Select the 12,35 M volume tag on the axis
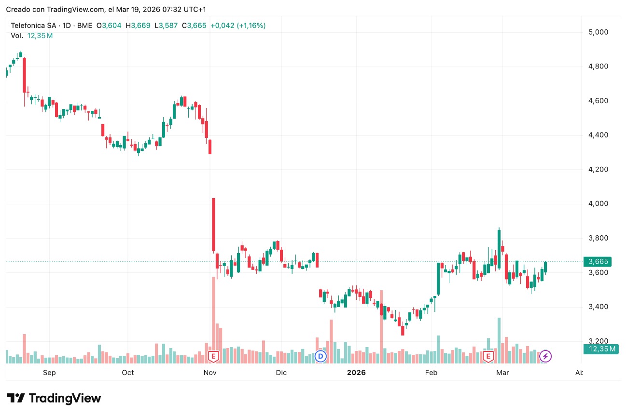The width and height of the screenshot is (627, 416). click(x=600, y=349)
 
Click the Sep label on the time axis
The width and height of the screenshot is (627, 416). click(x=49, y=373)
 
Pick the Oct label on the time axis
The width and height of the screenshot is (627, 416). click(x=128, y=373)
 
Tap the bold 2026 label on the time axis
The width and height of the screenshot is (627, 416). click(x=356, y=373)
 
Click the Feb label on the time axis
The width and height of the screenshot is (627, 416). click(x=431, y=373)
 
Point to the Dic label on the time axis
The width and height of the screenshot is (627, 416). click(x=281, y=373)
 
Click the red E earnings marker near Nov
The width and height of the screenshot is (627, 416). click(x=213, y=357)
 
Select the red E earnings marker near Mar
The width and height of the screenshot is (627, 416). click(x=488, y=357)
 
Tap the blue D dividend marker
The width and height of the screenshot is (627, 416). click(x=320, y=357)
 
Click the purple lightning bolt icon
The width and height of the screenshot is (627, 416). click(x=545, y=357)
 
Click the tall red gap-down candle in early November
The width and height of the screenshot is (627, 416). click(x=213, y=225)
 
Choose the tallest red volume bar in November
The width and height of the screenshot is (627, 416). click(x=213, y=313)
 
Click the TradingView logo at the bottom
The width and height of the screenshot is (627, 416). click(x=54, y=398)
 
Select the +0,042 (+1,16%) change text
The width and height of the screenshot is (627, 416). click(x=238, y=26)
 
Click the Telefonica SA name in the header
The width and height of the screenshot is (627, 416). click(x=34, y=26)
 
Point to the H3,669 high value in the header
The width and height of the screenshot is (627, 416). click(x=138, y=26)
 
